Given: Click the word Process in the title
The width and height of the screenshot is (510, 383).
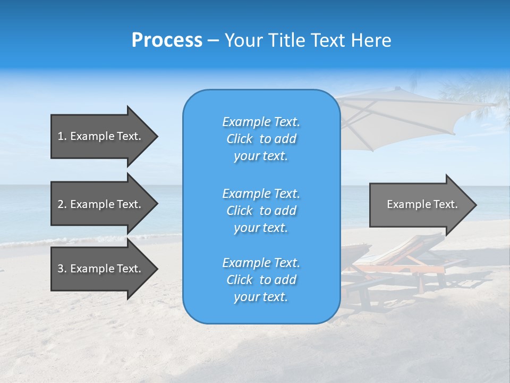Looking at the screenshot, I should [167, 40].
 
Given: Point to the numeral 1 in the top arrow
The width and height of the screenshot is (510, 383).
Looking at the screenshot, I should [61, 136].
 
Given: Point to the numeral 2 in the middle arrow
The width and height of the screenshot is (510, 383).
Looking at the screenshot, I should [61, 204].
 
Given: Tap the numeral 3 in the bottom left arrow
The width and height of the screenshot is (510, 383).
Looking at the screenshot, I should [61, 269].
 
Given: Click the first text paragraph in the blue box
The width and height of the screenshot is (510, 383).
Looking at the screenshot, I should [261, 139].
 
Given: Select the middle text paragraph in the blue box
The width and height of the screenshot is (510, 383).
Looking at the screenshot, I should [261, 211].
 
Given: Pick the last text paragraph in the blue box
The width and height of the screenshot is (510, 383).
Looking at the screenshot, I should [261, 280].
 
